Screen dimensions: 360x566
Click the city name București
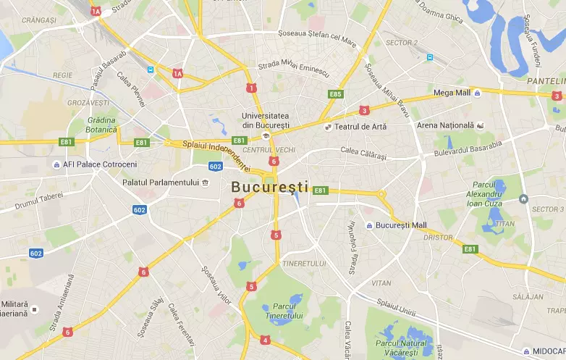pos(269,187)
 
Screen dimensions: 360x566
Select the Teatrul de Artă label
pos(360,127)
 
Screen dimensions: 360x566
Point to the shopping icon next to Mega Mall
pos(478,93)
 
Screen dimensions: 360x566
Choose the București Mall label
pos(401,225)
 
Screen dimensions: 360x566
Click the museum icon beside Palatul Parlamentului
pos(206,182)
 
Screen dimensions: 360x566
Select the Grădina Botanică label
pos(101,125)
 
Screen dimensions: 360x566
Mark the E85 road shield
pos(335,94)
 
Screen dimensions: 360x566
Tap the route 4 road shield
pos(266,340)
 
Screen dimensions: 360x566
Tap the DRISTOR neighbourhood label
pos(439,237)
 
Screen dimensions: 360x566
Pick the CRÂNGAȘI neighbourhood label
pos(39,21)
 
